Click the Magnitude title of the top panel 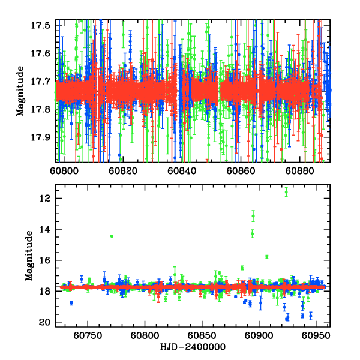tap(21, 90)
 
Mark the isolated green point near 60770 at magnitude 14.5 tap(112, 236)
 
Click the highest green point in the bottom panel tap(286, 192)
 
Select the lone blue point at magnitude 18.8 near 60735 tap(71, 303)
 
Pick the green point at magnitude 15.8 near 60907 tap(267, 257)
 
